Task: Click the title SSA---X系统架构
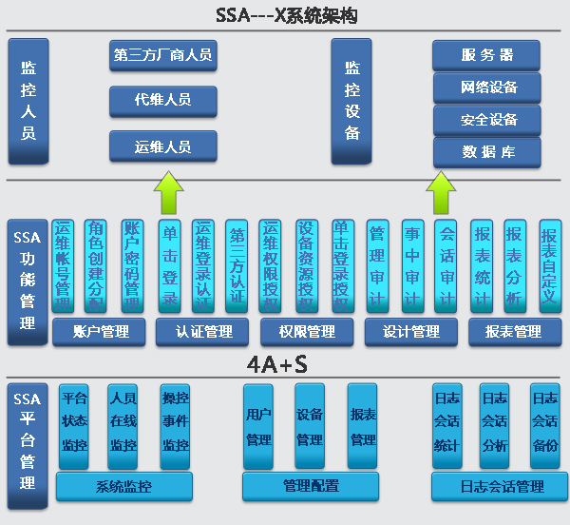point(285,15)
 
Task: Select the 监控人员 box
point(28,101)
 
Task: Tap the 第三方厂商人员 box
point(162,55)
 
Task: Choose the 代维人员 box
point(162,100)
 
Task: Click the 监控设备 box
point(351,101)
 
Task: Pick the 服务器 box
point(486,54)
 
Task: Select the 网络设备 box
point(486,87)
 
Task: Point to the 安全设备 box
point(486,120)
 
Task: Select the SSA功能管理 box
point(28,282)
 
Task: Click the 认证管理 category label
point(205,332)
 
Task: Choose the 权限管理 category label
point(308,332)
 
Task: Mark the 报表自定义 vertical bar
point(548,265)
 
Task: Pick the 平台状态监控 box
point(74,425)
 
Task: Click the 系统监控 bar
point(123,487)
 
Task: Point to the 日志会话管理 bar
point(500,487)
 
